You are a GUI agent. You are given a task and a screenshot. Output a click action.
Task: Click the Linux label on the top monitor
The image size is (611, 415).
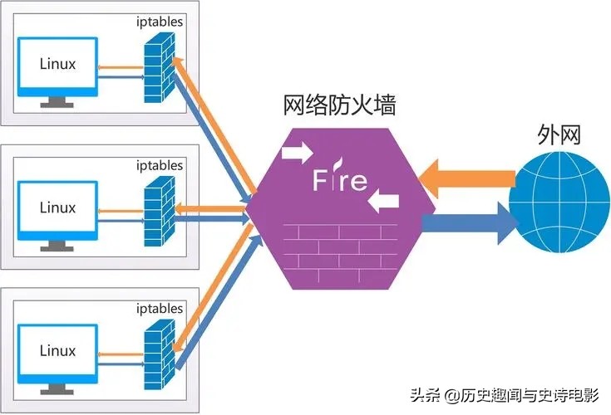57,64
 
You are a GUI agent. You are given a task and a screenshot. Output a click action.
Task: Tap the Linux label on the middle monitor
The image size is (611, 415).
57,207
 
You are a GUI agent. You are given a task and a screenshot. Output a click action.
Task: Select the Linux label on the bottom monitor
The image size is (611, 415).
57,351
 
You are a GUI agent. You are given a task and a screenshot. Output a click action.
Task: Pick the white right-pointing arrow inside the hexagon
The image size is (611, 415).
297,154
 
